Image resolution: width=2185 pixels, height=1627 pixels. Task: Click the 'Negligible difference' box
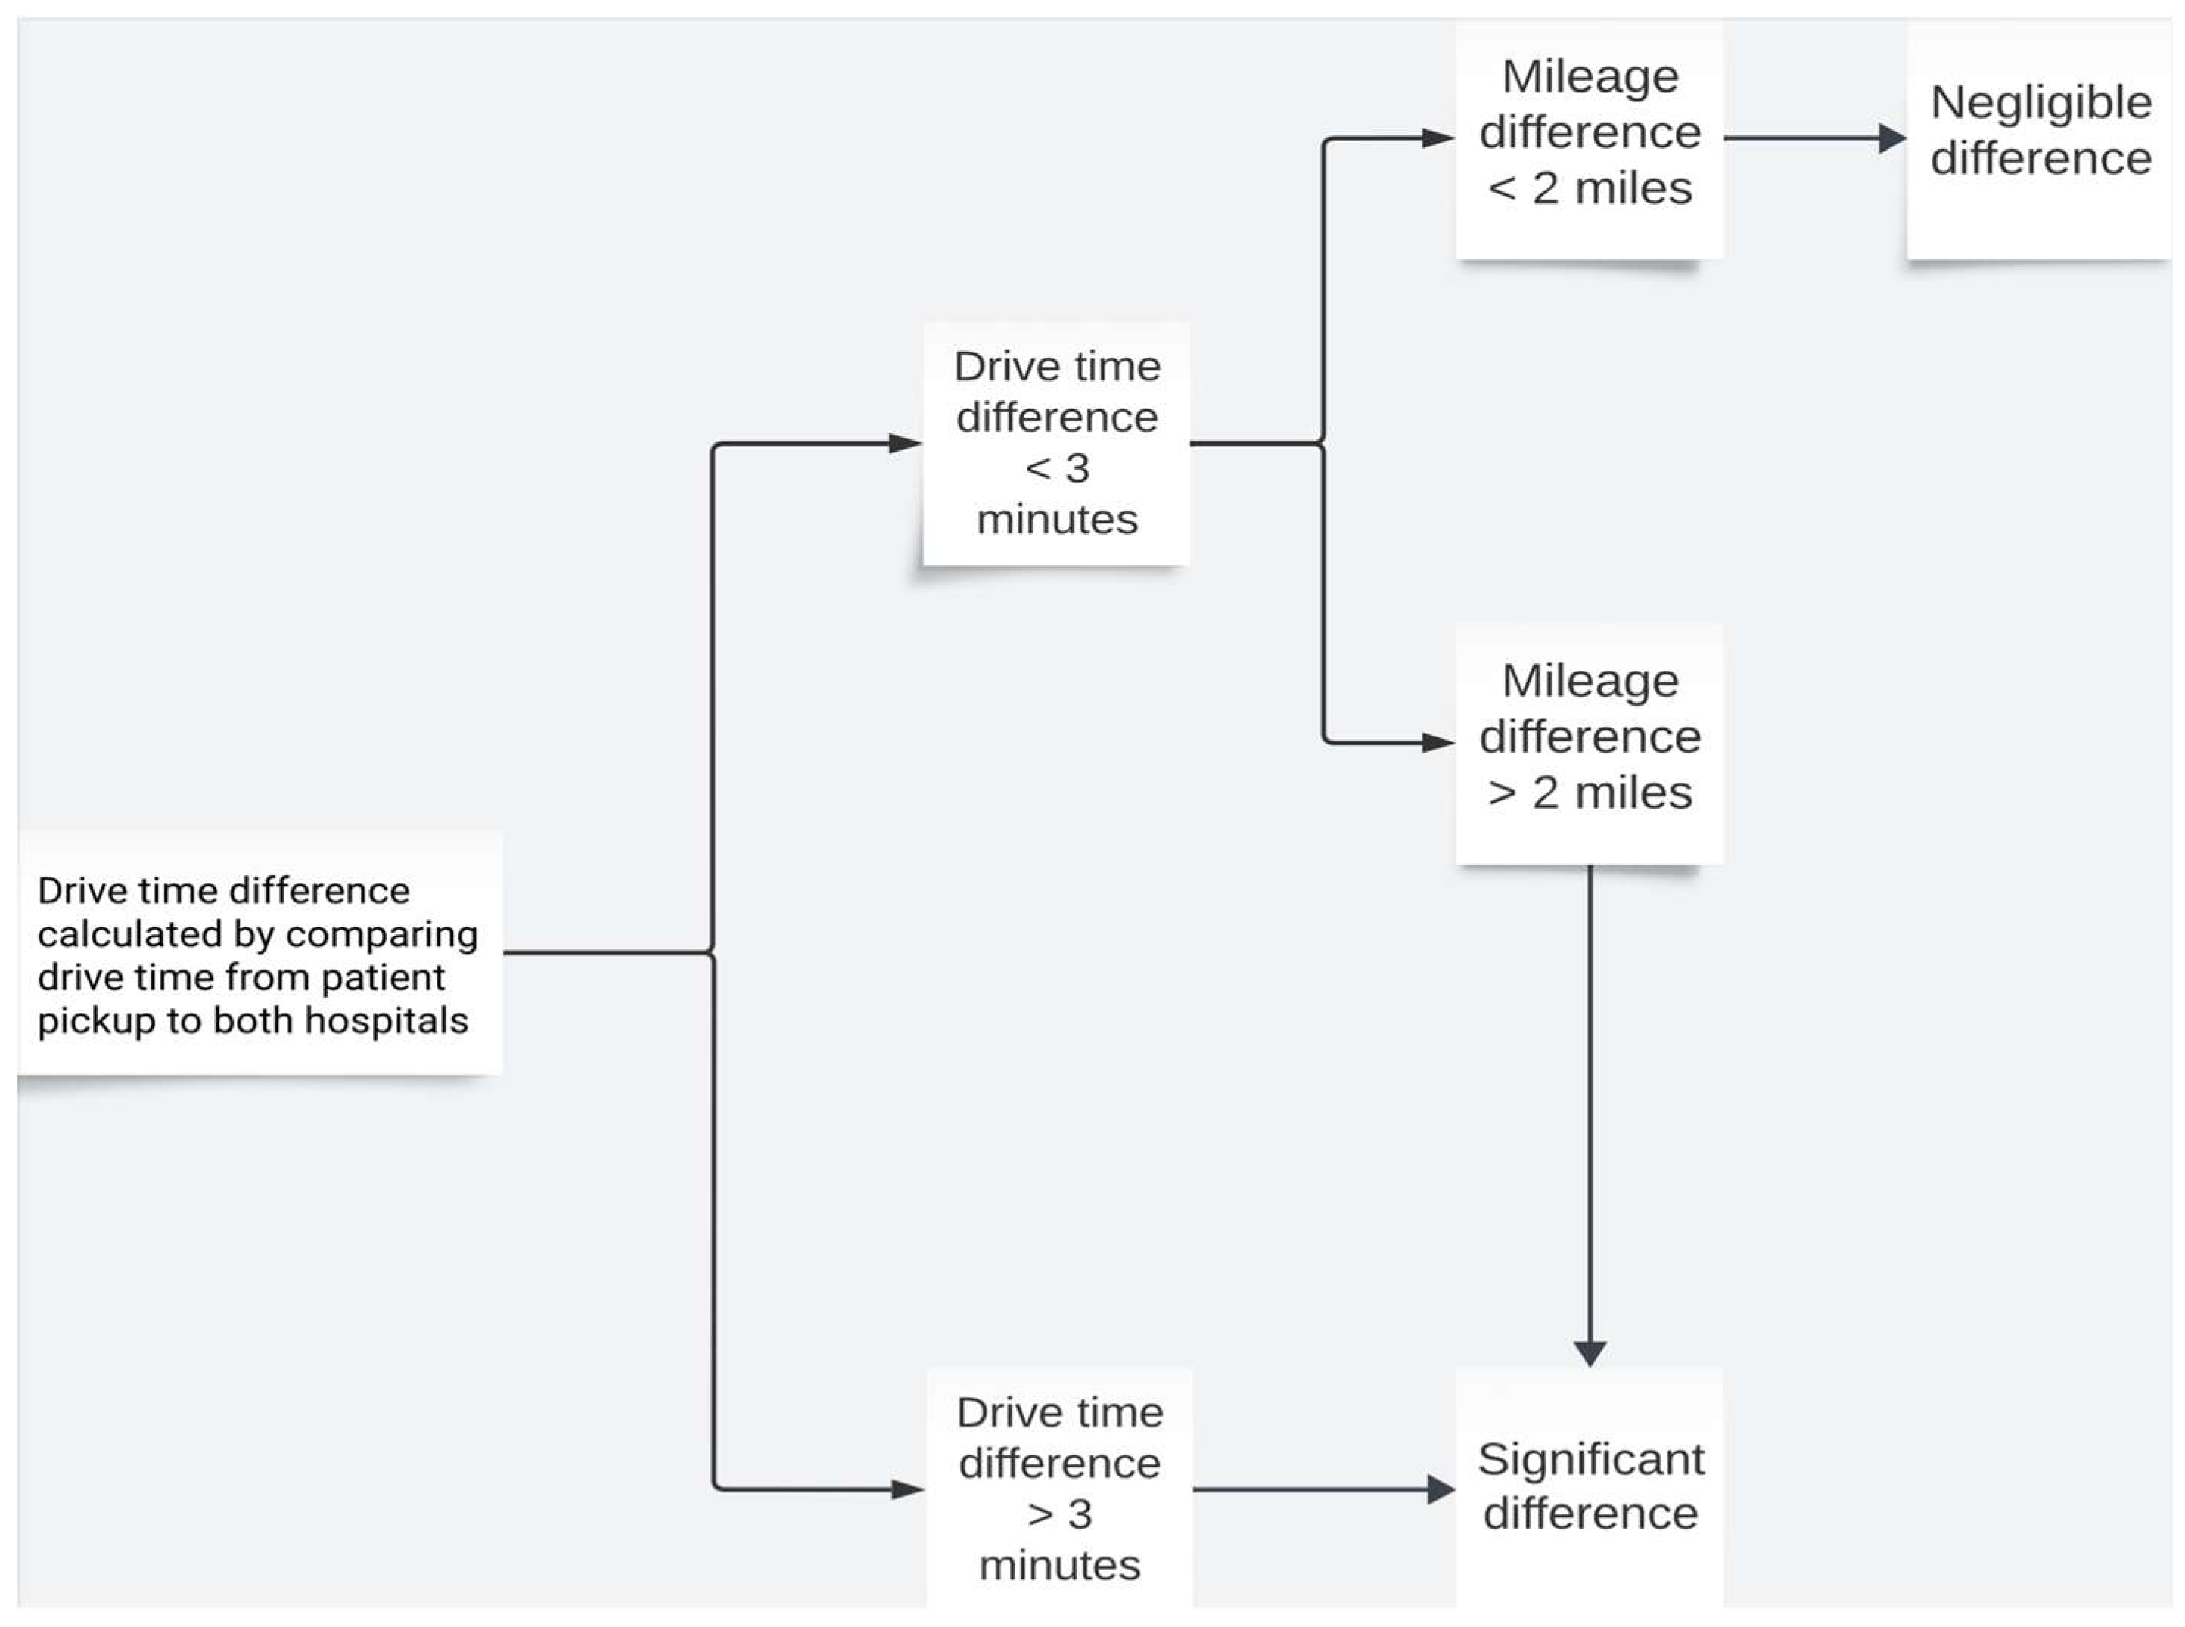click(x=2038, y=140)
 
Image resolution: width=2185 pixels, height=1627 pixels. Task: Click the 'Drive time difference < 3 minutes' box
click(x=1056, y=443)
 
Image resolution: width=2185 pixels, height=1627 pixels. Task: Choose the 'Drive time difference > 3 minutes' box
click(x=1059, y=1488)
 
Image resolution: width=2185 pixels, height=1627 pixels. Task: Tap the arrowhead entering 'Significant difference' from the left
click(x=1441, y=1489)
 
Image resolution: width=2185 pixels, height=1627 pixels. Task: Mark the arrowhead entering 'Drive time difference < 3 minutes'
click(x=904, y=443)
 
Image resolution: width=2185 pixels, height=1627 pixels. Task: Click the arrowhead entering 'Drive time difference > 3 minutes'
click(x=906, y=1489)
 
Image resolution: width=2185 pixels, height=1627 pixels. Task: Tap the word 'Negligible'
click(x=2041, y=102)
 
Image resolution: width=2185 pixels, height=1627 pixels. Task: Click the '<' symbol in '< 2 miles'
click(x=1501, y=188)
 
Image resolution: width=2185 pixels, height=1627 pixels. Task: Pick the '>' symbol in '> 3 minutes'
click(x=1040, y=1514)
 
